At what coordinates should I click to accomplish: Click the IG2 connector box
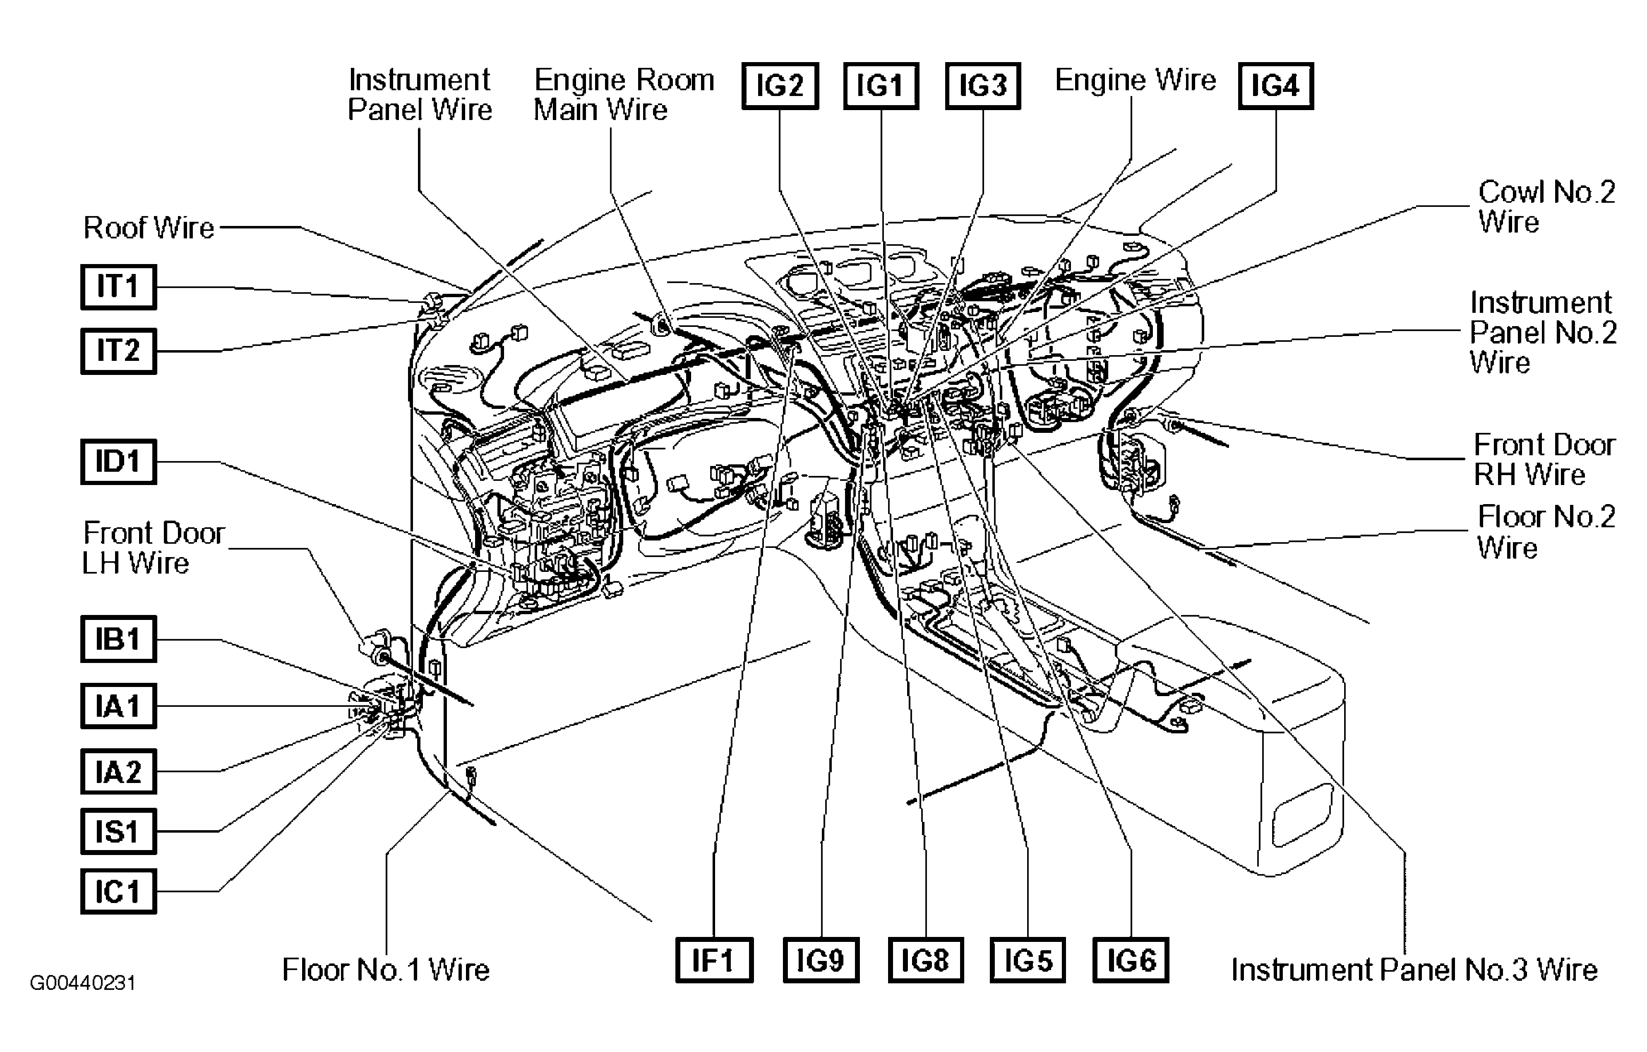pos(780,86)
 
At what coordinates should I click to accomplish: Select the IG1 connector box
pos(881,86)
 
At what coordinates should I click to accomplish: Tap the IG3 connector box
pos(982,86)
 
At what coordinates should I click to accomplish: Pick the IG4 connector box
pos(1275,86)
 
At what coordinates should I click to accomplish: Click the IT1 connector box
pos(118,286)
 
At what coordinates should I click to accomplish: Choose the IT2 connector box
pos(118,351)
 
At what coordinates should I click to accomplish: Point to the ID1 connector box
pos(118,461)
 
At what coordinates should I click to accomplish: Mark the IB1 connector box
pos(118,639)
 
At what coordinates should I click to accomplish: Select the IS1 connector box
pos(118,830)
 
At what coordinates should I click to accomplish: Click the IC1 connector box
pos(118,891)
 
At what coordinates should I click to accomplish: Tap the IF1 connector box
pos(714,960)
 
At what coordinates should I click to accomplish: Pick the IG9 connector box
pos(820,960)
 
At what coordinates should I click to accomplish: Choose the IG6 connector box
pos(1131,960)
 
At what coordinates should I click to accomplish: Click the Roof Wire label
pos(149,228)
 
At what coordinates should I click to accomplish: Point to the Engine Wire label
pos(1136,80)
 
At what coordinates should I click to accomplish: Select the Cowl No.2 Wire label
pos(1546,207)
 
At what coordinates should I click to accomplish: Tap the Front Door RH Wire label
pos(1544,459)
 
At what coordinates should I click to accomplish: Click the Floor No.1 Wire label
pos(386,969)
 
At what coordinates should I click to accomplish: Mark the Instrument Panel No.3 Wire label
pos(1414,969)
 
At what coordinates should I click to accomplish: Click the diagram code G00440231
pos(83,983)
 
